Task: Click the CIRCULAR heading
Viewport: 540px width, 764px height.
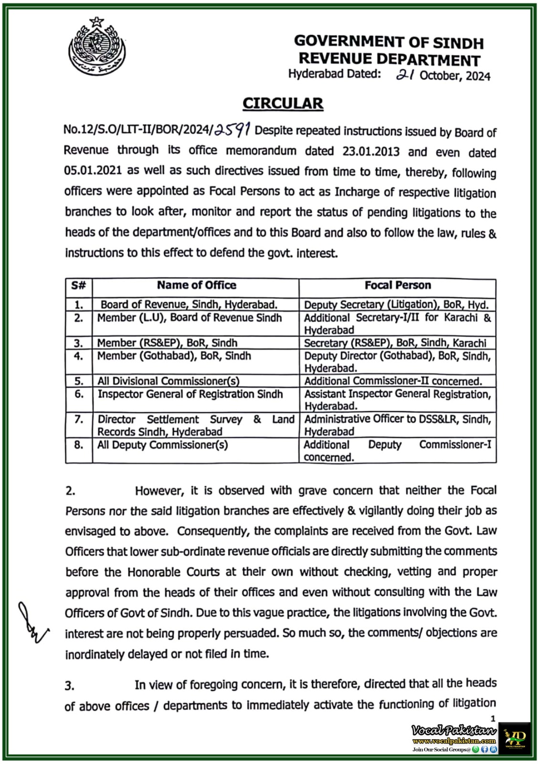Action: pos(283,103)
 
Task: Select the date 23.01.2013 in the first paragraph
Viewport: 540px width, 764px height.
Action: pos(371,151)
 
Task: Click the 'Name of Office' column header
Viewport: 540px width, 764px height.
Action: pos(196,286)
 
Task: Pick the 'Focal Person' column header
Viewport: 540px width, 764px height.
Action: pos(397,286)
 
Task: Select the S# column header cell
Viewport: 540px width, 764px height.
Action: pos(79,286)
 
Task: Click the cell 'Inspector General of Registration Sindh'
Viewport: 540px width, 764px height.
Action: pos(190,394)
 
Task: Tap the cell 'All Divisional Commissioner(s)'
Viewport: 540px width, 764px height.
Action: pos(168,381)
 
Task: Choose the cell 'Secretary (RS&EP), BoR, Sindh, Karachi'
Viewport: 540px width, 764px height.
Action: pos(395,343)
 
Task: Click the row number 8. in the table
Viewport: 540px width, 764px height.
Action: pos(79,445)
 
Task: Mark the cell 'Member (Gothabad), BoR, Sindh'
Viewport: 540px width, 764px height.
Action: pos(174,356)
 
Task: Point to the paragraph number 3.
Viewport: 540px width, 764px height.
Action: pos(70,686)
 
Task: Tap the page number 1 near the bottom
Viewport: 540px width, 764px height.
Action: pos(493,718)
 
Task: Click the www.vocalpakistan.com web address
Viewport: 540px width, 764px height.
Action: pos(454,741)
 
